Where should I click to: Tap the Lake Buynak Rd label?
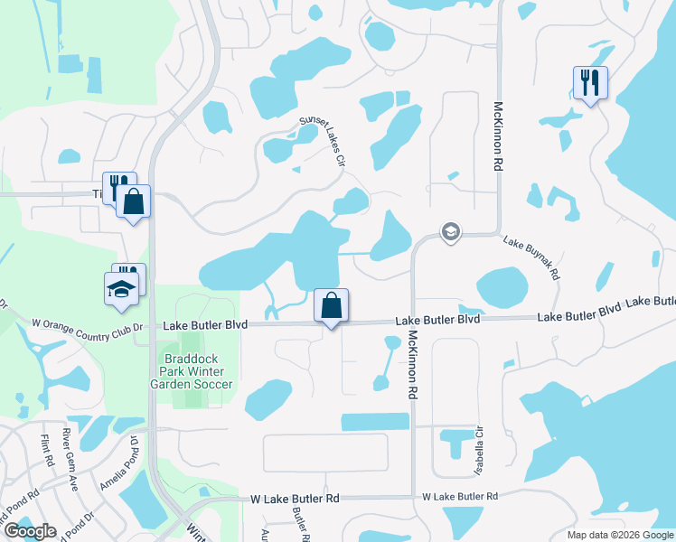coord(532,258)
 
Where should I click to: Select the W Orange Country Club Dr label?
coord(88,323)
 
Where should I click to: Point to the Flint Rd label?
coord(46,449)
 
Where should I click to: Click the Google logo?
coord(29,531)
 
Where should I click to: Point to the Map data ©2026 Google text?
coord(619,534)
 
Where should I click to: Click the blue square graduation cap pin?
coord(121,289)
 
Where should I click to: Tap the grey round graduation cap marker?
coord(449,233)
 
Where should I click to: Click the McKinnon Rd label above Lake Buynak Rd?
coord(497,135)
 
